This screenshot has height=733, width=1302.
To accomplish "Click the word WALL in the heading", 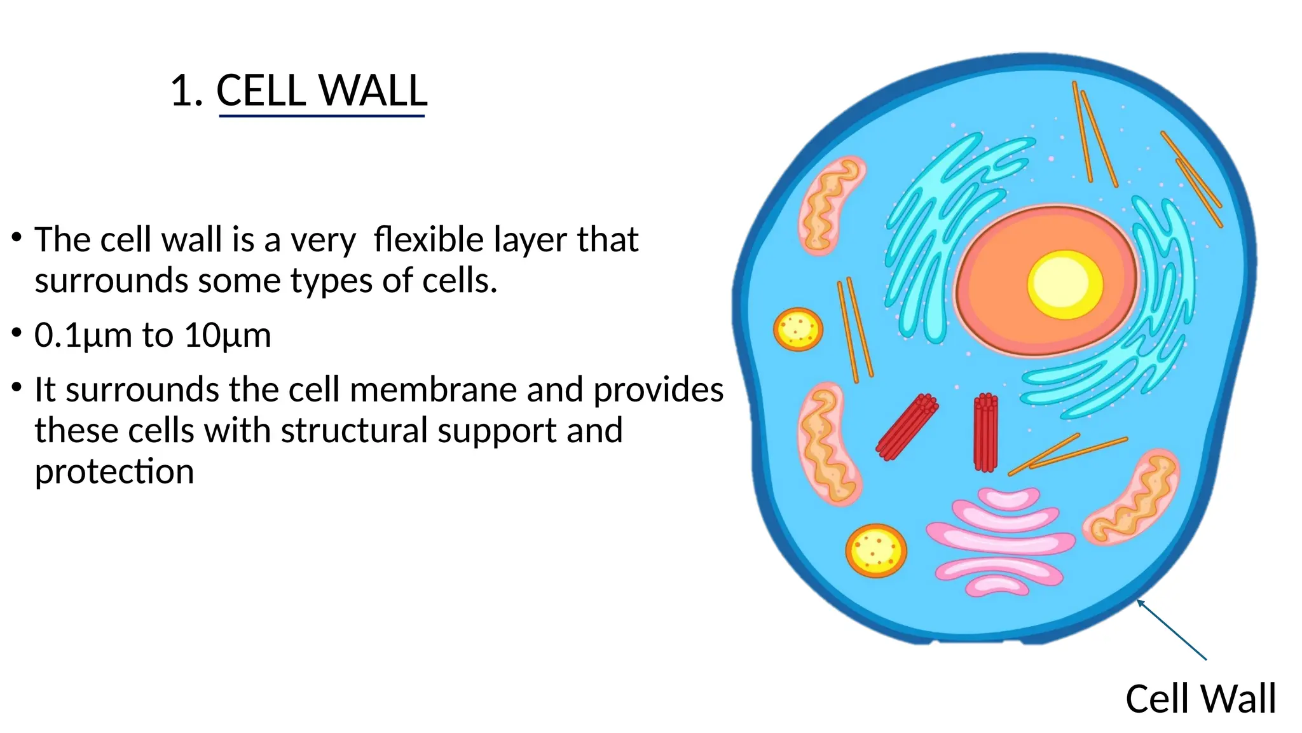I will point(373,90).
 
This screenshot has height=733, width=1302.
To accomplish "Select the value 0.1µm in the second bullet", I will point(82,335).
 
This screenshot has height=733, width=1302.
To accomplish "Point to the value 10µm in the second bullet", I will point(228,335).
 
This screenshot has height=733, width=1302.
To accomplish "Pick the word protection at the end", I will point(114,471).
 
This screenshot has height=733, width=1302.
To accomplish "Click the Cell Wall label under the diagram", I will point(1200,699).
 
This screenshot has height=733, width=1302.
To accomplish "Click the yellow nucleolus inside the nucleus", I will point(1065,284).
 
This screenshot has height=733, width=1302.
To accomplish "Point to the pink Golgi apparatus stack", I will point(1000,541).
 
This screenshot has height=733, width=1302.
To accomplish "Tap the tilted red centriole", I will point(907,426).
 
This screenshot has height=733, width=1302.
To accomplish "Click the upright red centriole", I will point(985,433).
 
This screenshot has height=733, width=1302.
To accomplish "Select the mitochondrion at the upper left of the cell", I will point(830,205).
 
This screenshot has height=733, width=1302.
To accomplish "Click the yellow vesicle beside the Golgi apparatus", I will point(875,550).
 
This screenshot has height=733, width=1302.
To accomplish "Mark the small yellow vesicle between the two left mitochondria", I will point(798,329).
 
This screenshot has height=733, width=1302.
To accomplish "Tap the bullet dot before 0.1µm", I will point(17,333).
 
